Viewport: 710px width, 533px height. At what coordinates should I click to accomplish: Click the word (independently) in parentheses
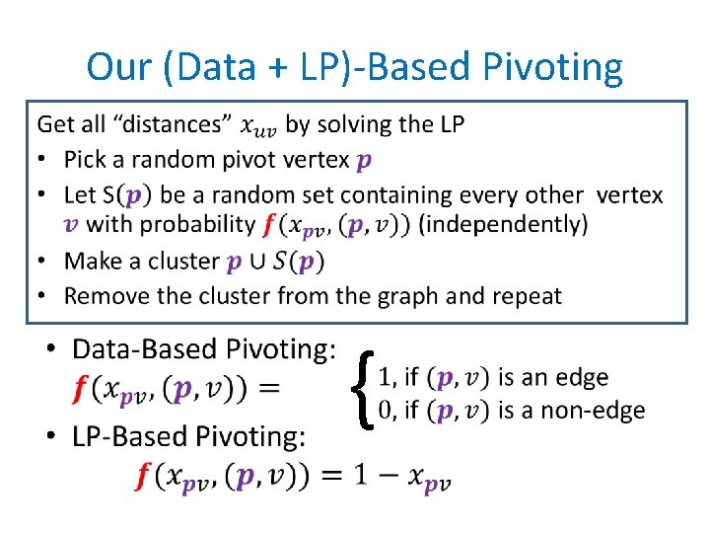(503, 224)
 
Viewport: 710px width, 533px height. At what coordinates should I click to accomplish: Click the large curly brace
(364, 392)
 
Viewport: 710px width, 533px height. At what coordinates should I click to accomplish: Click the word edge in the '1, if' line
(581, 377)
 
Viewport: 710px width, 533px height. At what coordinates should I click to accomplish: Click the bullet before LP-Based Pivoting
(52, 435)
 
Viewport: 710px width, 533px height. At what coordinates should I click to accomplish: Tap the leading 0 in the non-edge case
(387, 410)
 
